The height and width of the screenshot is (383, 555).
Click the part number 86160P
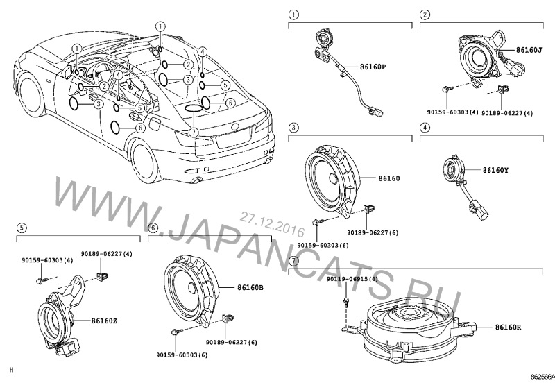373,67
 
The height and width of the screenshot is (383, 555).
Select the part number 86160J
530,51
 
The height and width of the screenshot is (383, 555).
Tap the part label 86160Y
496,169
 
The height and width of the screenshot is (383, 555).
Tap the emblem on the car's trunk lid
233,126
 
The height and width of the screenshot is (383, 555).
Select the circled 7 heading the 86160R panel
293,262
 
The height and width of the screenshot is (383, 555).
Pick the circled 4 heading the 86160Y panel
425,129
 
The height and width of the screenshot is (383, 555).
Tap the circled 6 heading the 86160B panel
153,227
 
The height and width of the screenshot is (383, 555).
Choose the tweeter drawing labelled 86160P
324,42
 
